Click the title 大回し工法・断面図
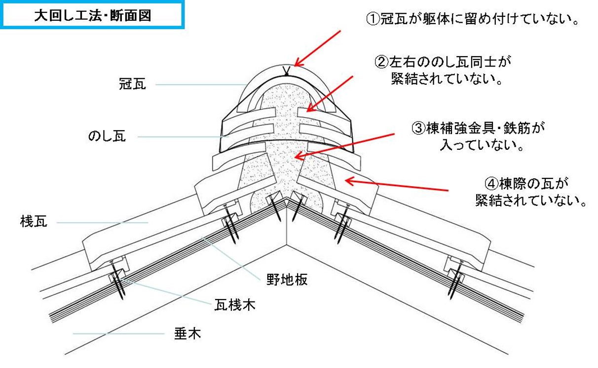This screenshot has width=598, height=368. [92, 15]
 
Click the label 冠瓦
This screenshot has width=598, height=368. [132, 84]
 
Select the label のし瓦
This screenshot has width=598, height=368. [107, 136]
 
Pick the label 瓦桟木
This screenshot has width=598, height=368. [234, 305]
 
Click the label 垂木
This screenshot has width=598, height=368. [187, 334]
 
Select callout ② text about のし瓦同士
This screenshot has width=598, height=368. [442, 70]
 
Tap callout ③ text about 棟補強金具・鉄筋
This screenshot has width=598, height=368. [478, 136]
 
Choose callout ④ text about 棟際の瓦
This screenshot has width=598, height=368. [530, 192]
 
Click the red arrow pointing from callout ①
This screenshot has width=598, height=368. [318, 48]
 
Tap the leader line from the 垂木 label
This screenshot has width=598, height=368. [118, 334]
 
